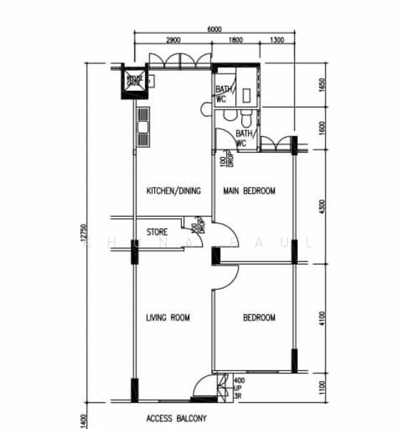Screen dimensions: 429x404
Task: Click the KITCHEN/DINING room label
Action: pyautogui.click(x=173, y=191)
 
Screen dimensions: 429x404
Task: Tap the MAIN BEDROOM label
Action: pyautogui.click(x=249, y=191)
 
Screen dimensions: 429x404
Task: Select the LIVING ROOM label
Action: pyautogui.click(x=168, y=317)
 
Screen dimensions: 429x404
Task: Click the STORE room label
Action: pyautogui.click(x=157, y=232)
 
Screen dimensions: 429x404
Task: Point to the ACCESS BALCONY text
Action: pyautogui.click(x=176, y=419)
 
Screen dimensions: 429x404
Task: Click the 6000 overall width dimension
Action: pyautogui.click(x=214, y=29)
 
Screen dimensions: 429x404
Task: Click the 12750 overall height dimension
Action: pyautogui.click(x=84, y=236)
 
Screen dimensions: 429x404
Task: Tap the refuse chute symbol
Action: pyautogui.click(x=134, y=79)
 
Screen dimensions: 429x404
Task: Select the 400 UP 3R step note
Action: pyautogui.click(x=239, y=388)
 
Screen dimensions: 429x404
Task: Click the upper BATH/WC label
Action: pyautogui.click(x=222, y=94)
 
